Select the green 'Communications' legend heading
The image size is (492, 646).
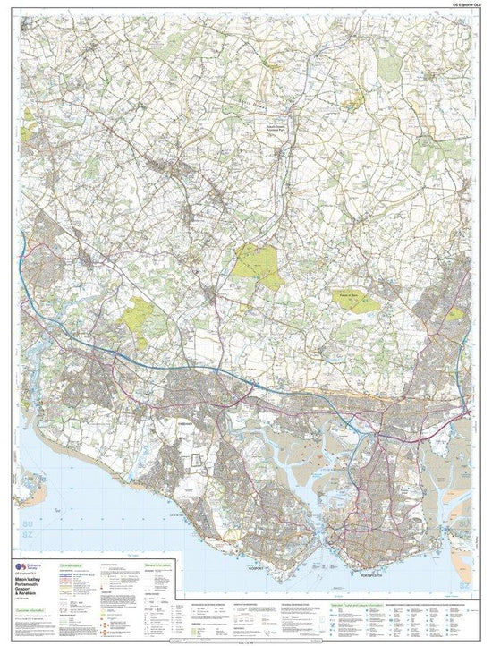click(73, 565)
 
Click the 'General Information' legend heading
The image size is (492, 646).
click(153, 565)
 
